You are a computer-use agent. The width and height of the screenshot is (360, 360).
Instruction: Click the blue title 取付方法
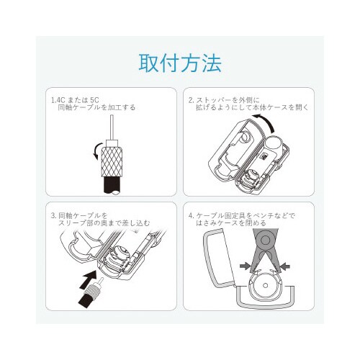tap(180, 63)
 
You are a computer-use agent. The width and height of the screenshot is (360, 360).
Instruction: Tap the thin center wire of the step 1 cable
tap(112, 127)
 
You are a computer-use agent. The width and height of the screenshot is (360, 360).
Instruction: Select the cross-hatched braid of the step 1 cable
tap(112, 162)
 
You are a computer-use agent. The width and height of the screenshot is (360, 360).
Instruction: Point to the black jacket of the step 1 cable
tap(112, 185)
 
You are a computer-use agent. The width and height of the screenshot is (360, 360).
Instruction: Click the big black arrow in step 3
tap(89, 280)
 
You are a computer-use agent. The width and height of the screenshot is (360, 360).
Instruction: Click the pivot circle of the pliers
tap(265, 239)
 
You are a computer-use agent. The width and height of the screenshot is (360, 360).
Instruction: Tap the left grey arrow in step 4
tap(245, 266)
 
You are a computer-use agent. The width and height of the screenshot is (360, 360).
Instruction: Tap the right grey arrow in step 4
tap(285, 266)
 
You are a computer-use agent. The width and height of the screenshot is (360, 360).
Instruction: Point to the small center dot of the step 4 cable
tap(265, 285)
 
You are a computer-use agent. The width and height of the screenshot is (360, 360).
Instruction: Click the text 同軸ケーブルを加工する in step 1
tap(96, 107)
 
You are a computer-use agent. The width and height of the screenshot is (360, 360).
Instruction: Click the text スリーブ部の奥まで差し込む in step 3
tap(104, 223)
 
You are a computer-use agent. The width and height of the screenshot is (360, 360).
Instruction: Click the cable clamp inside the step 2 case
tap(251, 178)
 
